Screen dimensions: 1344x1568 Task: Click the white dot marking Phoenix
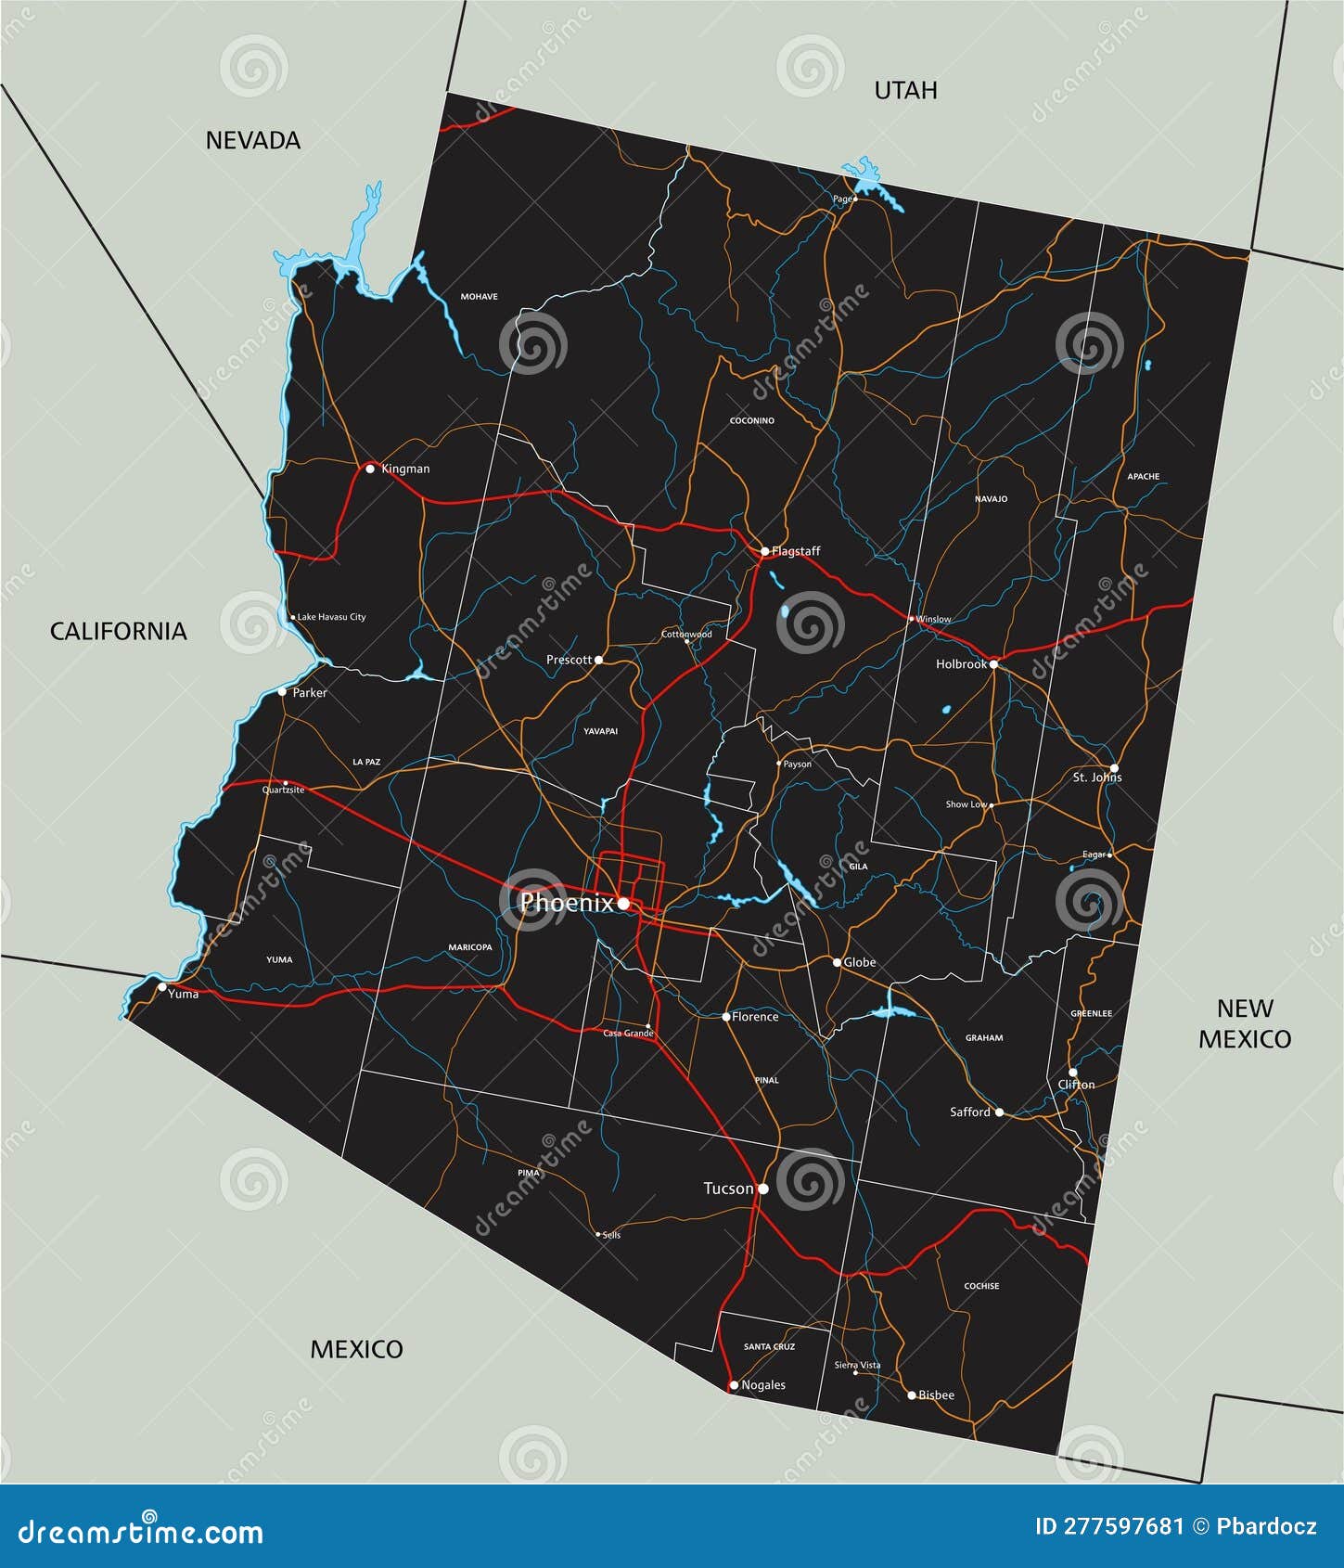pos(624,903)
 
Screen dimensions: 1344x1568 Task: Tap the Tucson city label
pos(728,1189)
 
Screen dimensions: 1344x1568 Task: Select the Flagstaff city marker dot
pos(764,551)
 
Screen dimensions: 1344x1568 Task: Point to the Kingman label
pos(405,469)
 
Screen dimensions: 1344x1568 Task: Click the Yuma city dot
pos(162,986)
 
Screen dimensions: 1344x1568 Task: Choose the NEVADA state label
pos(252,140)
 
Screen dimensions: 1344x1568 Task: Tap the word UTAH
pos(905,90)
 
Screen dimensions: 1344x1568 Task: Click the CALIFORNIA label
pos(118,631)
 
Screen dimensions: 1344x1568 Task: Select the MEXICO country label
pos(356,1349)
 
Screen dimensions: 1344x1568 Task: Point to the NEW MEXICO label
pos(1244,1023)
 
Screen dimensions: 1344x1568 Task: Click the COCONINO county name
pos(751,420)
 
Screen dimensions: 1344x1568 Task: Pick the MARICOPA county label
pos(470,947)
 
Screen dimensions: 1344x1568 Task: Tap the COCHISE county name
pos(981,1286)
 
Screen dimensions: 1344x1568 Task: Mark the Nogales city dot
pos(734,1385)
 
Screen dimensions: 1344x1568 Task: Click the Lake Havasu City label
pos(331,617)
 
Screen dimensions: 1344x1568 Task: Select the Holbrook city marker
pos(993,664)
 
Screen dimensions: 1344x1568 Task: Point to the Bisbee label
pos(936,1395)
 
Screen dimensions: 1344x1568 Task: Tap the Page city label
pos(842,199)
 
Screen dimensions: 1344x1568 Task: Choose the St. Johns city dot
pos(1114,768)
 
